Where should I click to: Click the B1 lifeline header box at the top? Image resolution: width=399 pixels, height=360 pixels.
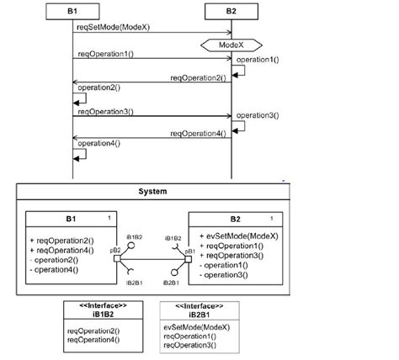point(72,10)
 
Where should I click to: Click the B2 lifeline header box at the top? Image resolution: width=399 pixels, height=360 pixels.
point(231,10)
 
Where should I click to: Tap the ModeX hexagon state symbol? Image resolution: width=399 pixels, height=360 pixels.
point(231,44)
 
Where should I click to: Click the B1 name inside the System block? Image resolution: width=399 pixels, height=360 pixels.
point(70,219)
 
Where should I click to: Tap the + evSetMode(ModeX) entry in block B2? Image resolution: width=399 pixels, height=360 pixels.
point(236,237)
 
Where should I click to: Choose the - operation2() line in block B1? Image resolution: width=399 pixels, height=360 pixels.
point(54,259)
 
